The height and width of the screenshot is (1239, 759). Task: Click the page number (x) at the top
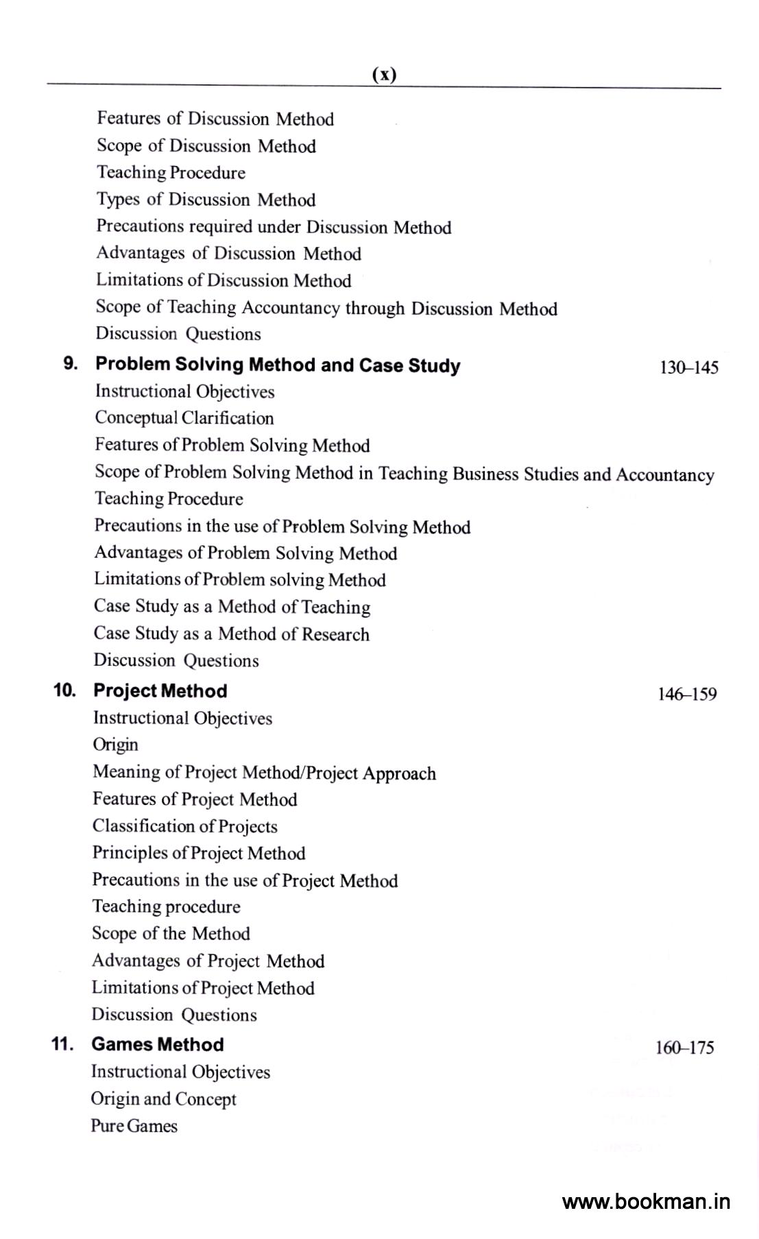[x=384, y=74]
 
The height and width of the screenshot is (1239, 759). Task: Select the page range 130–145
[x=688, y=368]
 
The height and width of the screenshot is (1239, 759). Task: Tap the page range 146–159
[x=687, y=694]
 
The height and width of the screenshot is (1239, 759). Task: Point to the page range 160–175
[x=684, y=1047]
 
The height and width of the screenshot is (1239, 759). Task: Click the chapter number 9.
[x=70, y=363]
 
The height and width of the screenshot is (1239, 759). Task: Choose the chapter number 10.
[x=65, y=690]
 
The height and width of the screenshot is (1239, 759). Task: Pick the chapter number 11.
[x=62, y=1044]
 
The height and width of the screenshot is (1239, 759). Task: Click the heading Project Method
[x=160, y=690]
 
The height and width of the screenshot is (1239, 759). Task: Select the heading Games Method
[x=157, y=1044]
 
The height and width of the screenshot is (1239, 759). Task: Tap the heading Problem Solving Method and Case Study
[x=278, y=365]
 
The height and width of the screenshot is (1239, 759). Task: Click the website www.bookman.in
[x=646, y=1201]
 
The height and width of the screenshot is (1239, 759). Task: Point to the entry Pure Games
[x=134, y=1126]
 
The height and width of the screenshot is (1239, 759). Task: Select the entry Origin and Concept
[x=163, y=1098]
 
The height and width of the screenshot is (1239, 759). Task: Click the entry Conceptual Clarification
[x=184, y=418]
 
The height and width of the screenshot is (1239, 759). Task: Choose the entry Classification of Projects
[x=184, y=826]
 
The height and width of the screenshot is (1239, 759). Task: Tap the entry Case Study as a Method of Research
[x=231, y=634]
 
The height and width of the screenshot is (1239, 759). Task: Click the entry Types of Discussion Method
[x=206, y=200]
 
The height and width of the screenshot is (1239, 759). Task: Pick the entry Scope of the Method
[x=171, y=933]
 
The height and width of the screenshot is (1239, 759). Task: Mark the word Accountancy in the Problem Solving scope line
[x=664, y=474]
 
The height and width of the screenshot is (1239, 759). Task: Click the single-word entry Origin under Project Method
[x=115, y=745]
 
